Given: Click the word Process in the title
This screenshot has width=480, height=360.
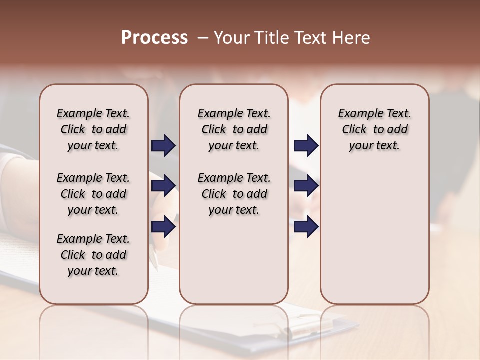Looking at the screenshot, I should click(154, 38).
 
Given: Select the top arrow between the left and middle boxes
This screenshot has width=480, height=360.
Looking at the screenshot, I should click(163, 145).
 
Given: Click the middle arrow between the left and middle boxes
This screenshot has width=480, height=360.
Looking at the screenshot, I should click(163, 186).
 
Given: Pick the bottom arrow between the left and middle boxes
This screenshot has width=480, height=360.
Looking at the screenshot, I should click(163, 226).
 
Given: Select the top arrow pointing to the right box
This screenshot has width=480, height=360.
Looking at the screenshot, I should click(306, 145).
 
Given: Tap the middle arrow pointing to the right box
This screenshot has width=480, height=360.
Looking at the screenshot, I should click(306, 186).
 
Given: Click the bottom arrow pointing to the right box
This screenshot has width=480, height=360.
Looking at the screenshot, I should click(306, 226).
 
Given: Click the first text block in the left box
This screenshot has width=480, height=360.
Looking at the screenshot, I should click(93, 129).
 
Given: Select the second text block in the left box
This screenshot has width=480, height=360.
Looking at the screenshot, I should click(93, 194).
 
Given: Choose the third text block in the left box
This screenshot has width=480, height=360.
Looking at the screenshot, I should click(93, 255).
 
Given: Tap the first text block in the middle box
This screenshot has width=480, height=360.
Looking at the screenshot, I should click(234, 129).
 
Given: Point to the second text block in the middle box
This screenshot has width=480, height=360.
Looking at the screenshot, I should click(234, 194).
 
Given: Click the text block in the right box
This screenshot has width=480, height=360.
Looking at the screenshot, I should click(375, 129).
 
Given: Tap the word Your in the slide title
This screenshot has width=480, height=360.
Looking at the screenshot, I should click(229, 38).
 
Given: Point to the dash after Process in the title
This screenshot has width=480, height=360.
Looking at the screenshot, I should click(202, 38).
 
